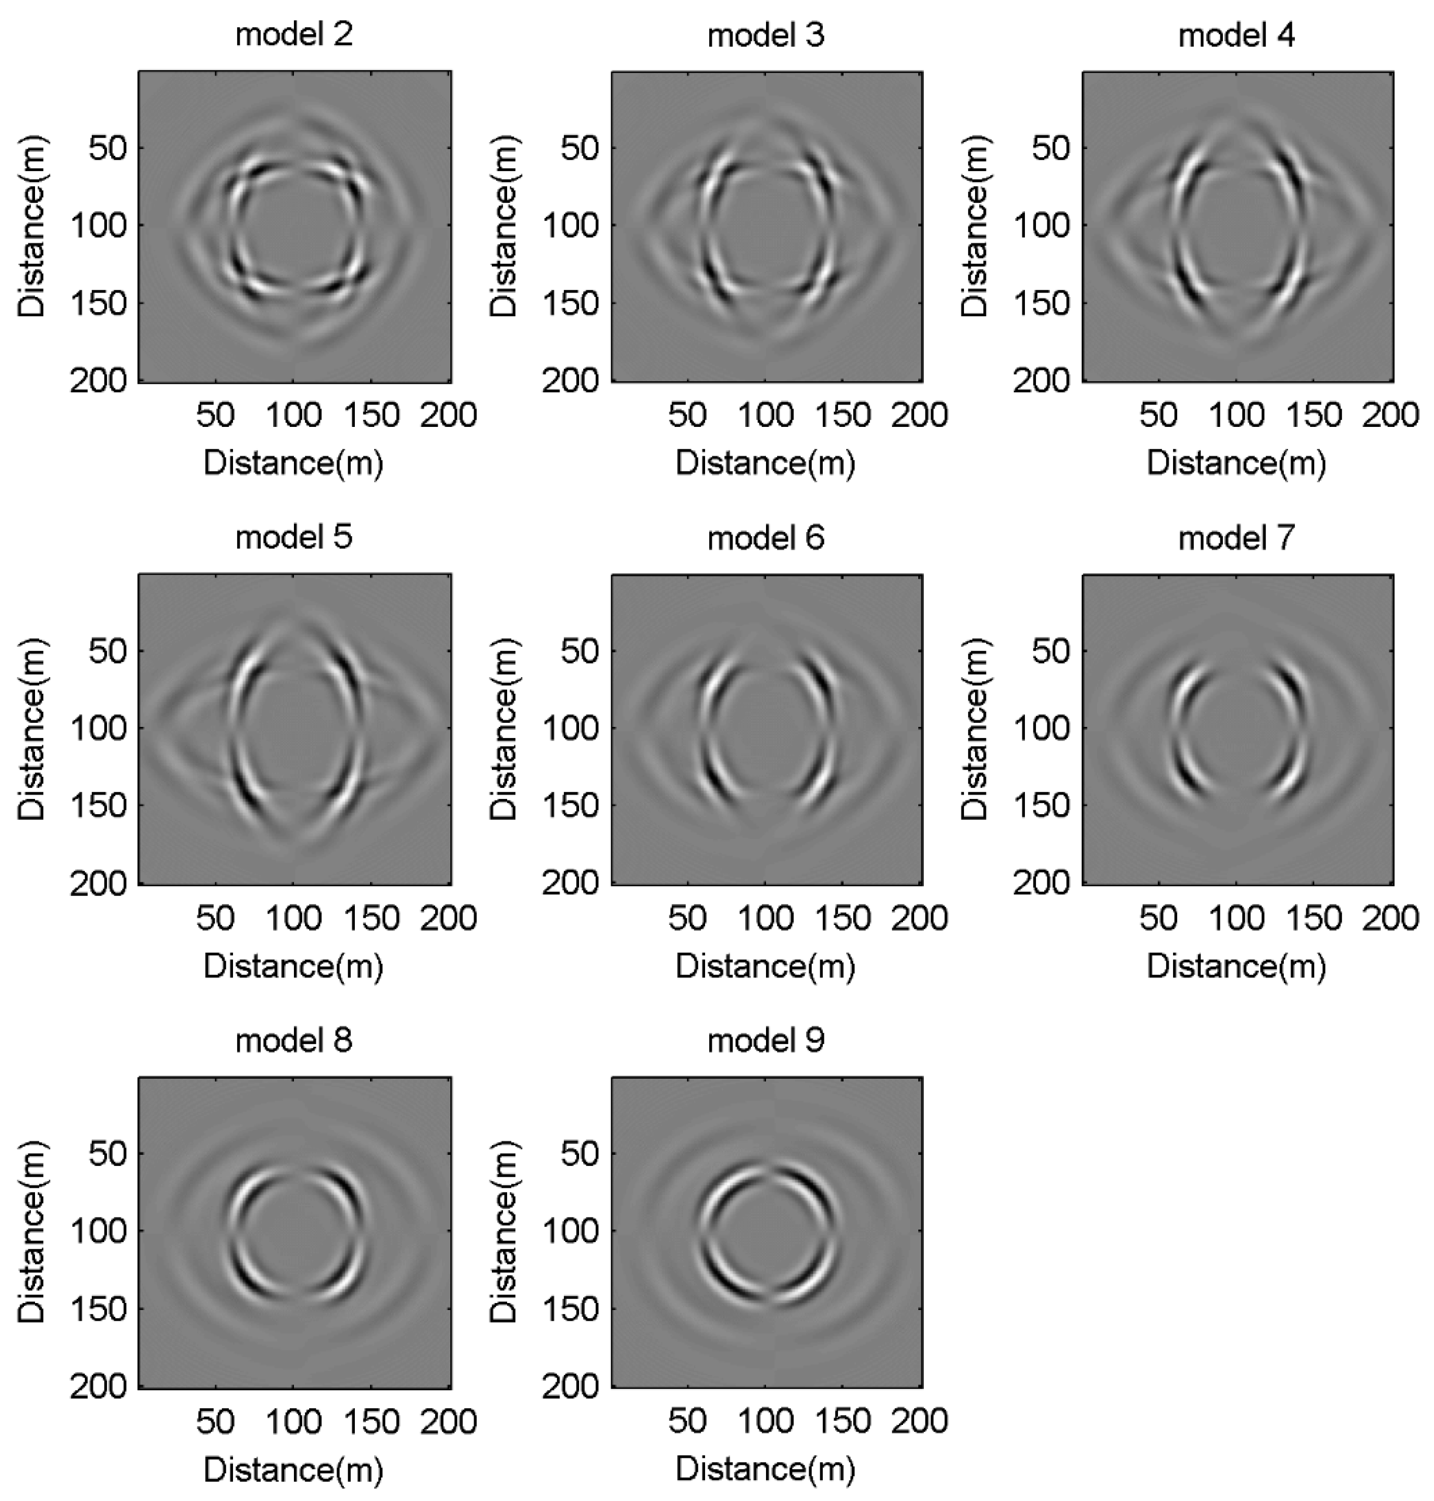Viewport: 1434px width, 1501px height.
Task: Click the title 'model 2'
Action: [294, 35]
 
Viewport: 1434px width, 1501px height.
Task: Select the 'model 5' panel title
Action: [294, 537]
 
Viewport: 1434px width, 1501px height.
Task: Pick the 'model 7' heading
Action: [1237, 537]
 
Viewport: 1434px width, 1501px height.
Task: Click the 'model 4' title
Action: [1237, 35]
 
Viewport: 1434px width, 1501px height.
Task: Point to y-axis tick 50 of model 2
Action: [107, 148]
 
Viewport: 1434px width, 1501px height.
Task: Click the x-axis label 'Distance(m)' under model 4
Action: [1237, 463]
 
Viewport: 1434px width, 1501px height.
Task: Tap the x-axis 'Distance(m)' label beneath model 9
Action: [766, 1469]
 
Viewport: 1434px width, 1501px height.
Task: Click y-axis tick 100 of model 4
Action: [1041, 226]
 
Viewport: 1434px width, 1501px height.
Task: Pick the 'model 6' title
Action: [766, 537]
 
